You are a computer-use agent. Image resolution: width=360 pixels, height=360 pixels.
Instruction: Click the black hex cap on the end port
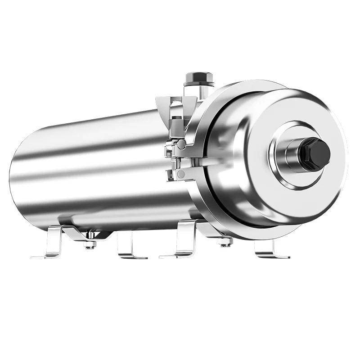[314, 154]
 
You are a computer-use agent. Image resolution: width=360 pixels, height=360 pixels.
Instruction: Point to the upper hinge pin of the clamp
[180, 144]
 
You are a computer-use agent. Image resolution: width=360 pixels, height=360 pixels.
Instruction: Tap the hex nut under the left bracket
[90, 244]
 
